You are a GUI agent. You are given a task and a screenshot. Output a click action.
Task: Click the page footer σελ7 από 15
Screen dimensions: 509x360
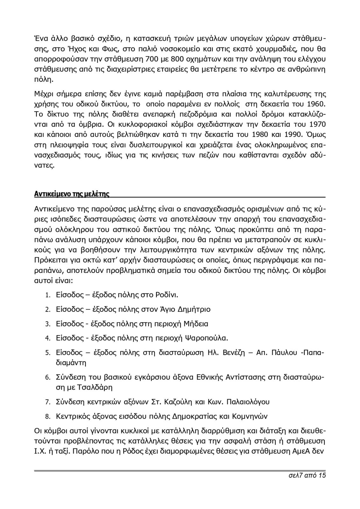coord(306,476)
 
